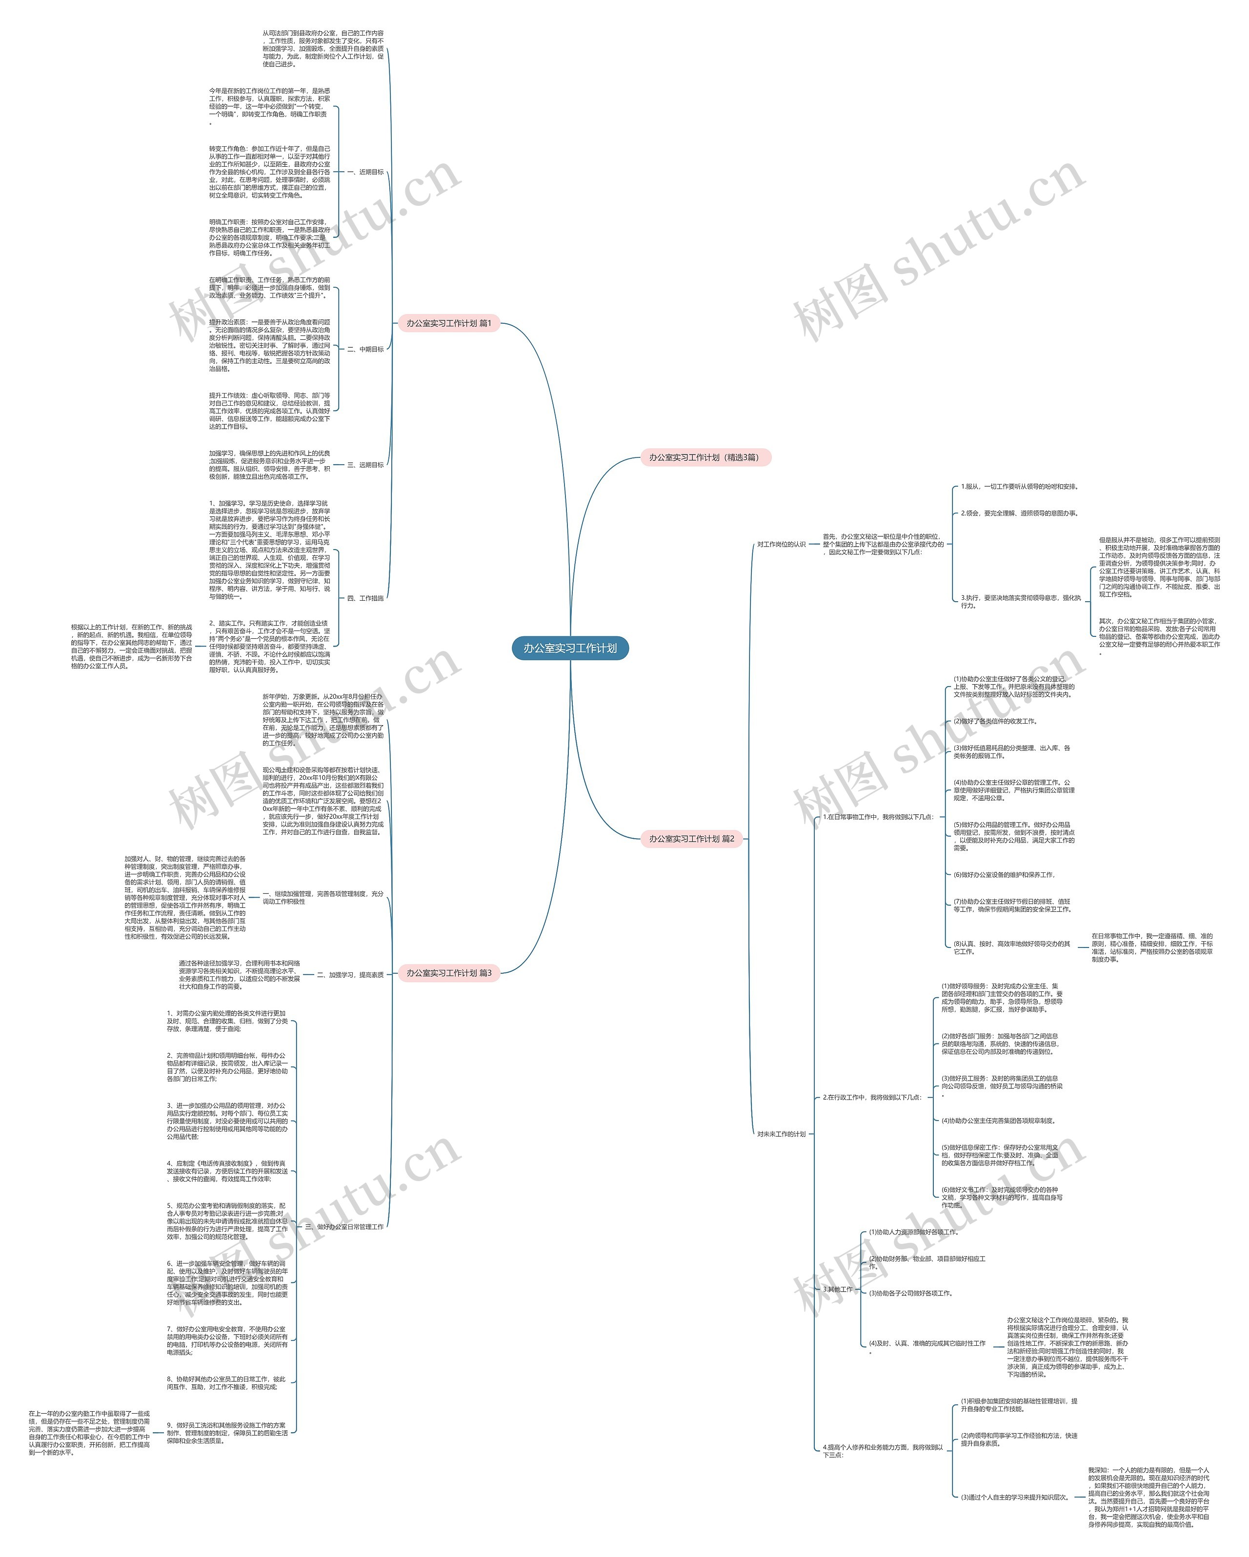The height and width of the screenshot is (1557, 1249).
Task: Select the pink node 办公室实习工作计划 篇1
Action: coord(448,323)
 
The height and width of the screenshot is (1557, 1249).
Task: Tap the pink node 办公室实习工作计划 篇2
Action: coord(691,838)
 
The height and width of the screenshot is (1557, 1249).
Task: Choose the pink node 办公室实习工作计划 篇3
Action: coord(448,973)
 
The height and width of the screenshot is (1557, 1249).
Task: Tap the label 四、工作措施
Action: coord(365,598)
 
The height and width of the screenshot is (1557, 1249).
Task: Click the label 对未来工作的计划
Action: coord(781,1134)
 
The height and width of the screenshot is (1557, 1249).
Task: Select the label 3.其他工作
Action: coord(837,1289)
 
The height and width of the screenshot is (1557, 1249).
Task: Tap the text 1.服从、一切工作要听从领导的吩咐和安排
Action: coord(1019,487)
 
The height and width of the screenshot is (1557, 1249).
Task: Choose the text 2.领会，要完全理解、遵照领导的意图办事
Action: coord(1019,513)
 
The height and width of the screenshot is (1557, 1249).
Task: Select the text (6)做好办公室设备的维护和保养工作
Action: coord(1004,874)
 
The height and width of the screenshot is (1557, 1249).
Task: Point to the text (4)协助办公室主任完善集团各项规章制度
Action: coord(998,1121)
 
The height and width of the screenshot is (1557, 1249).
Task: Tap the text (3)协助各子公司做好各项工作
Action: coord(910,1293)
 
